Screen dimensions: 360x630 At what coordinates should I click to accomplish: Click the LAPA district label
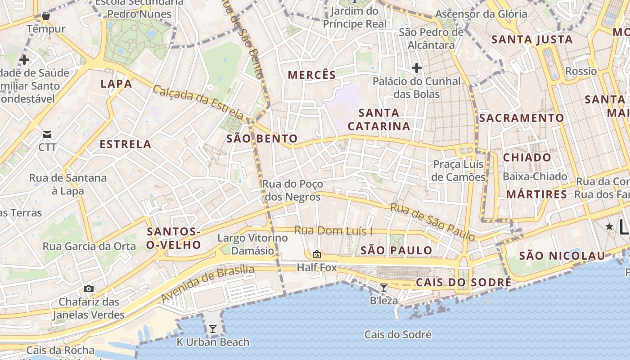117,84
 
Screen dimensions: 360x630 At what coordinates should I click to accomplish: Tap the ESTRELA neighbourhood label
126,144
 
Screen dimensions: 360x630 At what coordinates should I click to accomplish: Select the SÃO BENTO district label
262,139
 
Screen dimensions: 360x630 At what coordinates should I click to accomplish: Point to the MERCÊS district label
312,75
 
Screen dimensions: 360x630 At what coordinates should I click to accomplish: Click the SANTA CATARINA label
379,119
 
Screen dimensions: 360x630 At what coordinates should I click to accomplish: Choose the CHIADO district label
527,157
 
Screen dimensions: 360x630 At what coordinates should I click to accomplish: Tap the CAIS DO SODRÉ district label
463,283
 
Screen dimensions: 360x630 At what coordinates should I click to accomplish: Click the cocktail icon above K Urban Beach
212,329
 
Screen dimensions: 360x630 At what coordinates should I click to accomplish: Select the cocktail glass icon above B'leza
383,287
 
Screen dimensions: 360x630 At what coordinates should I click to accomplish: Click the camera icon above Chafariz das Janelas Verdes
89,288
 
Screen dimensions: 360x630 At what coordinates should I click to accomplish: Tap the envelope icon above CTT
47,134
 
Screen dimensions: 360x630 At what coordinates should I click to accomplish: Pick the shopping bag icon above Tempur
45,16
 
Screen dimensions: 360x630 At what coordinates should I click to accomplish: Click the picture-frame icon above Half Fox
317,254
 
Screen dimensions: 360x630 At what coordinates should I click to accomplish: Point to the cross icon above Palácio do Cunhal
417,68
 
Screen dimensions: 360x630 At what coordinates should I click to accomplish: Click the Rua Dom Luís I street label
333,231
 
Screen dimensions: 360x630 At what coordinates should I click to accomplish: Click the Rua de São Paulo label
432,221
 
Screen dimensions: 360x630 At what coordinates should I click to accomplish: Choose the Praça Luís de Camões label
459,171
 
